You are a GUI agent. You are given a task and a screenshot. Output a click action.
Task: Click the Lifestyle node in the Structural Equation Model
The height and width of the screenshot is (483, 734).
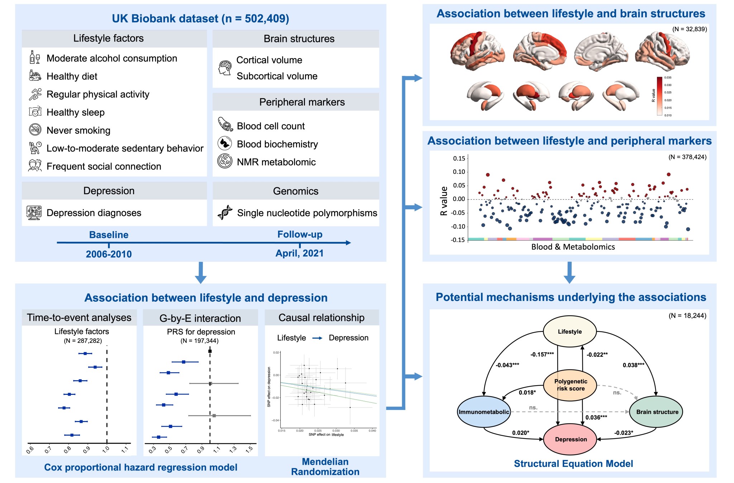(x=569, y=331)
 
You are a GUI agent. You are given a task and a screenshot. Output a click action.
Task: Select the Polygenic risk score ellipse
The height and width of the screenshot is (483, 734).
(x=570, y=385)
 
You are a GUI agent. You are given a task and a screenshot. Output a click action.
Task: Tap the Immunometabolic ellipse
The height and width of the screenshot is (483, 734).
(x=484, y=412)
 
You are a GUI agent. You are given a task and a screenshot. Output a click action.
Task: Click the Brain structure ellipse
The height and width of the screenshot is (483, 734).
(x=657, y=412)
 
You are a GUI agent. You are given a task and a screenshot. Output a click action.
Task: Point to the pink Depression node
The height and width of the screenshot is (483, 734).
(x=571, y=439)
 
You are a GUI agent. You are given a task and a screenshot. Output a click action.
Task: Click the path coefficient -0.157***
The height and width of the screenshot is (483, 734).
(x=542, y=354)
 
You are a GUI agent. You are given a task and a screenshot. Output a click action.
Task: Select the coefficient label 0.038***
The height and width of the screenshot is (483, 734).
(x=633, y=365)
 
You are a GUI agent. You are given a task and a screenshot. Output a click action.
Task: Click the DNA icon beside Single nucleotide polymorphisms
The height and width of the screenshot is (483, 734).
(x=225, y=213)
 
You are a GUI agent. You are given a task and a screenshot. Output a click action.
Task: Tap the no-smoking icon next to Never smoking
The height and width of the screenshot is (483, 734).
(x=35, y=130)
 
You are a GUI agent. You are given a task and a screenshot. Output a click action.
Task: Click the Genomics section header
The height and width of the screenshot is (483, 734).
(x=295, y=191)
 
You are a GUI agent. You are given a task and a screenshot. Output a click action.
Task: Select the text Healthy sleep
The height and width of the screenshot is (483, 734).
(x=76, y=112)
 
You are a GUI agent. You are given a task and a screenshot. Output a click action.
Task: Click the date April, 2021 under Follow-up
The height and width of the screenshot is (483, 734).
(x=299, y=253)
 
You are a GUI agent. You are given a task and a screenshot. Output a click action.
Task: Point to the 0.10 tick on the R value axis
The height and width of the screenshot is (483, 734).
(x=459, y=172)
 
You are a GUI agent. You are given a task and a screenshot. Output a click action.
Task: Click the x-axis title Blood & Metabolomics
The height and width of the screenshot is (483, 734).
(x=573, y=247)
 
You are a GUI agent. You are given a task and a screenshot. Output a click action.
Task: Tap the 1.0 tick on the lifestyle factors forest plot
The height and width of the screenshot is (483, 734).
(x=106, y=449)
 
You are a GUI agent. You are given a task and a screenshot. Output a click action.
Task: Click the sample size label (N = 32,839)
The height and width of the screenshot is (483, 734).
(x=689, y=29)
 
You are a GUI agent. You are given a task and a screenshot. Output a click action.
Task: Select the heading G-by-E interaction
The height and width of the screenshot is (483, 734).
(x=200, y=318)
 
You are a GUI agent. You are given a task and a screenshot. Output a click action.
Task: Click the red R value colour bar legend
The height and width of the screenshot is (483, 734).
(x=659, y=96)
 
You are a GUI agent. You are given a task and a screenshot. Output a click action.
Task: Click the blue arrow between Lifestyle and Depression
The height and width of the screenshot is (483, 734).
(x=317, y=338)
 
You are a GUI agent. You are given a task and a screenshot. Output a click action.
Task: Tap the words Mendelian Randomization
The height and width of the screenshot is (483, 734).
(x=325, y=467)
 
